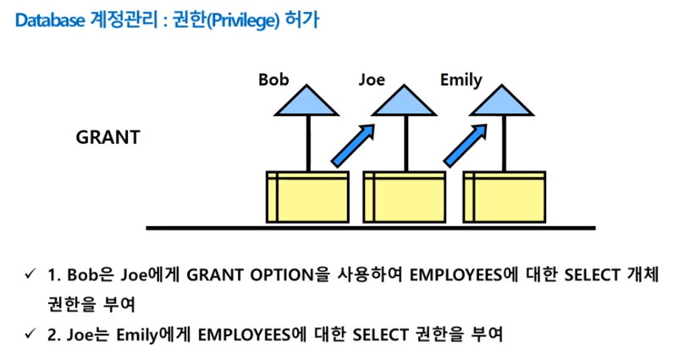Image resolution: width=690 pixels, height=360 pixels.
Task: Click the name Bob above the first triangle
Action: [x=273, y=80]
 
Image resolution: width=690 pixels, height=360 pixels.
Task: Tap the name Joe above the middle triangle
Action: [x=371, y=80]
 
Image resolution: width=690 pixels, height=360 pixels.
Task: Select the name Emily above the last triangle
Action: [x=461, y=80]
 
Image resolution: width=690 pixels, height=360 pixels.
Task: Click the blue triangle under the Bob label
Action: [x=307, y=104]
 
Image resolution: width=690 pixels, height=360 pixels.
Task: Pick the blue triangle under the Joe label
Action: [x=405, y=104]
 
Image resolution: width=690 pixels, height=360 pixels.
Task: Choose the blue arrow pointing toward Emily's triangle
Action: [x=466, y=144]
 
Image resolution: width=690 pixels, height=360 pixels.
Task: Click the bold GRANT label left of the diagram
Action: [x=108, y=136]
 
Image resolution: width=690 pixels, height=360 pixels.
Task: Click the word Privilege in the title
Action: [x=228, y=19]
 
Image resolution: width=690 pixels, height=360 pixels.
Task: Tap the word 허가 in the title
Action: [x=299, y=19]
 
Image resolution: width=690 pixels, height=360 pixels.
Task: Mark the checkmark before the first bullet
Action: [x=30, y=275]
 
